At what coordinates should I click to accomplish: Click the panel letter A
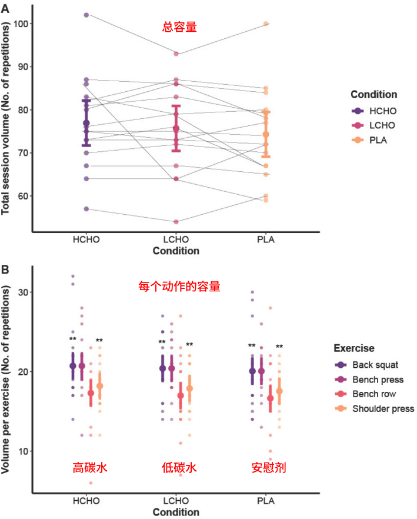click(x=5, y=8)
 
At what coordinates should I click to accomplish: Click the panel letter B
click(x=5, y=270)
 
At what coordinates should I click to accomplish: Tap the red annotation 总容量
click(x=179, y=26)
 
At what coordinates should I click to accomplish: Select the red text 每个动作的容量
click(x=179, y=287)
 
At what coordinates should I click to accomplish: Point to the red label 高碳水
click(x=89, y=468)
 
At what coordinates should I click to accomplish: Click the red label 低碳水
click(x=179, y=468)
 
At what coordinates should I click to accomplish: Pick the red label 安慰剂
click(x=268, y=468)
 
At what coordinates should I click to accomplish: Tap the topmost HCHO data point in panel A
click(x=86, y=15)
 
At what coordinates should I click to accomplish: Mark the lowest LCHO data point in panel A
click(x=176, y=222)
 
